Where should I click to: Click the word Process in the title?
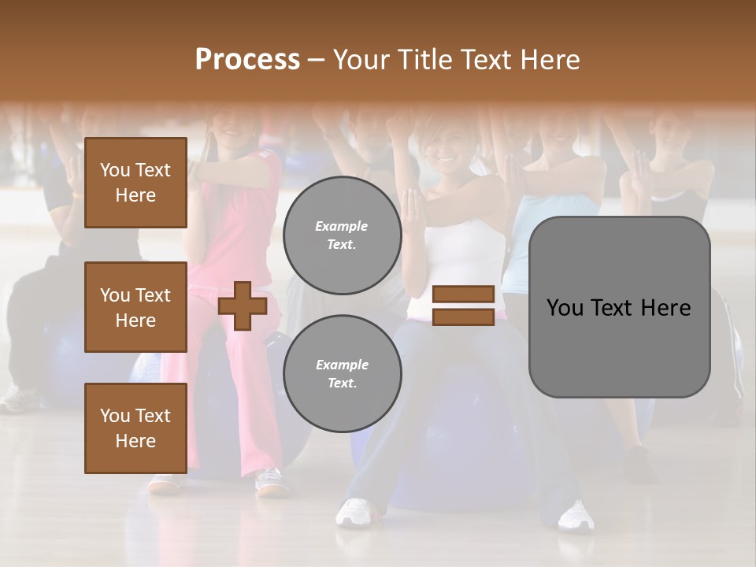[x=247, y=60]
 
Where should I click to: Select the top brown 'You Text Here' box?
[x=135, y=183]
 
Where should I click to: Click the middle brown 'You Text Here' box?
[x=135, y=307]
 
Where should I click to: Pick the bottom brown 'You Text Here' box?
[x=135, y=428]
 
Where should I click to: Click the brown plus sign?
[x=243, y=305]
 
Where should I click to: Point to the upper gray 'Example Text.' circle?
[x=343, y=235]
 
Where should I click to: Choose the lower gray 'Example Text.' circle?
[x=343, y=374]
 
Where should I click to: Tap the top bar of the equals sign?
[x=463, y=295]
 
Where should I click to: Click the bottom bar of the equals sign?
[x=463, y=317]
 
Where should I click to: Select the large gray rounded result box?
[x=619, y=346]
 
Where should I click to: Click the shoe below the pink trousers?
[x=272, y=482]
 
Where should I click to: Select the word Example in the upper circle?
[x=342, y=226]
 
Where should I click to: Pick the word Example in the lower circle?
[x=342, y=365]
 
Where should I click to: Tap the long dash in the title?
[x=317, y=60]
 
